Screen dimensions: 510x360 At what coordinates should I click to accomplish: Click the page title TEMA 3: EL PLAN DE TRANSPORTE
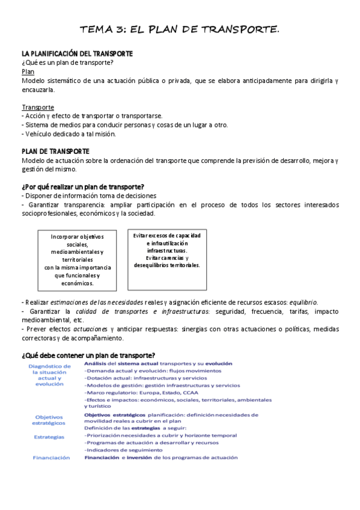pos(180,29)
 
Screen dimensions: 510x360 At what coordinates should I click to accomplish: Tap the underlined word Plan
pos(28,71)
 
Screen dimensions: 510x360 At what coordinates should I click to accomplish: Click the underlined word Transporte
pos(38,107)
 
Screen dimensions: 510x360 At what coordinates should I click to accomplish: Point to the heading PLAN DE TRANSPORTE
pos(55,152)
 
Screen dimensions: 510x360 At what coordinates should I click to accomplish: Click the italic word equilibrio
pos(303,302)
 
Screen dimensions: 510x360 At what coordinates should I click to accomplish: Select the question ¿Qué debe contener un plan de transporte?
pos(88,355)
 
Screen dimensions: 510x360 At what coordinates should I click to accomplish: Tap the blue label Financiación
pos(51,457)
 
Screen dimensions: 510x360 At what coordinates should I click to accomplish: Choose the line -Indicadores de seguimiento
pos(123,450)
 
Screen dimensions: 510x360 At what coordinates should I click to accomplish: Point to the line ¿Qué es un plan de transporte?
pos(68,63)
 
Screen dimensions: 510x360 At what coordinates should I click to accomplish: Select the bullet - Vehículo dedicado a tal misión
pos(68,134)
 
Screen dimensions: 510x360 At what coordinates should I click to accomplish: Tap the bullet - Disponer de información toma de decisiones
pos(89,196)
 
